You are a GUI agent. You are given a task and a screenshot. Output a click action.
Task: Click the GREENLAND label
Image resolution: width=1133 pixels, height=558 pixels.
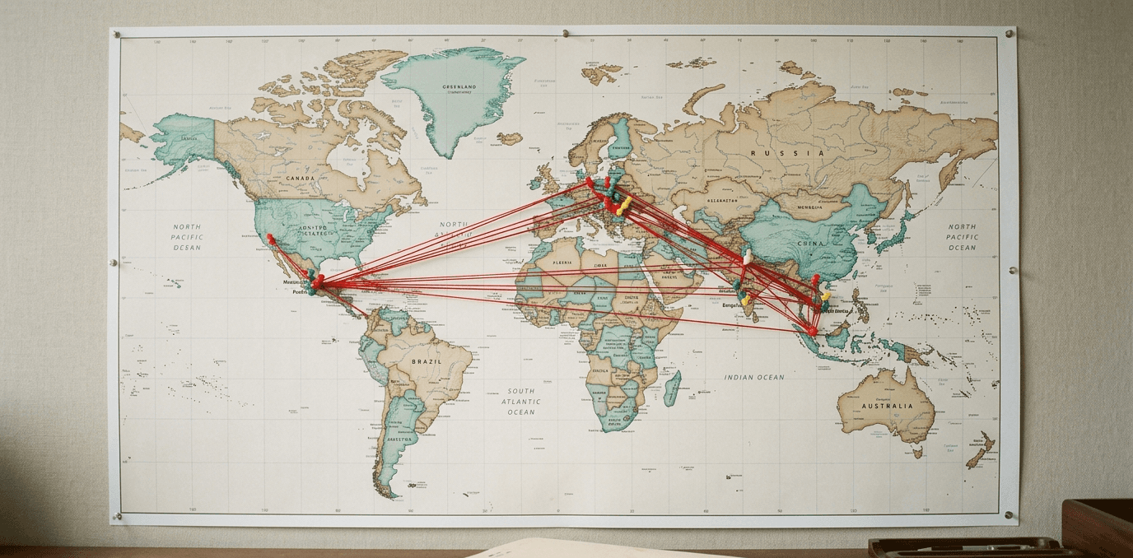[459, 86]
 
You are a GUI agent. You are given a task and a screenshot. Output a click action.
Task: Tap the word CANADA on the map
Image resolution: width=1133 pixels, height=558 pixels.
[301, 178]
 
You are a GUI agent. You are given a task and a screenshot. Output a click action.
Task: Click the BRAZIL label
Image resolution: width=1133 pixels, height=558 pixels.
[426, 361]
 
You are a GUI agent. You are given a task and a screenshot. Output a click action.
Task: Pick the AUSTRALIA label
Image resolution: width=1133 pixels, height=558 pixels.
[887, 406]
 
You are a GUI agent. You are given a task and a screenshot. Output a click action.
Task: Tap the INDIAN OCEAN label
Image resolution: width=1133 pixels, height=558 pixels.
[754, 377]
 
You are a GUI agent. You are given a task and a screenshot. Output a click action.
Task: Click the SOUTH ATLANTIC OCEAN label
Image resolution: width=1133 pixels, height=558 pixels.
[520, 402]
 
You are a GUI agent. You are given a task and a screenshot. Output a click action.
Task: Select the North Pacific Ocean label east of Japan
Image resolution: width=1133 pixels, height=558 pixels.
[961, 237]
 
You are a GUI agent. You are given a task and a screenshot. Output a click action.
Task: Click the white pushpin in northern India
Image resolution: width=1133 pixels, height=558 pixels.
[747, 257]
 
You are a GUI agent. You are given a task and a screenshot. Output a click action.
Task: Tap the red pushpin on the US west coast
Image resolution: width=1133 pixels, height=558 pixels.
[269, 238]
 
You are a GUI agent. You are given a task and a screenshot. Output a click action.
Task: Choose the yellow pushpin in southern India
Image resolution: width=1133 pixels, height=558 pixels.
[746, 300]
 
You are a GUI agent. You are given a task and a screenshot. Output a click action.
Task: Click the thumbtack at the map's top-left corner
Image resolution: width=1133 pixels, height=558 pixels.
[116, 35]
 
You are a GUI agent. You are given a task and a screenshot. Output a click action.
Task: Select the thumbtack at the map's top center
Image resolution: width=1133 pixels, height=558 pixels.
[565, 34]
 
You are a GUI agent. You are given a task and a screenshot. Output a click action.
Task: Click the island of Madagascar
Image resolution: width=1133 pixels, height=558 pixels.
[672, 387]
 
